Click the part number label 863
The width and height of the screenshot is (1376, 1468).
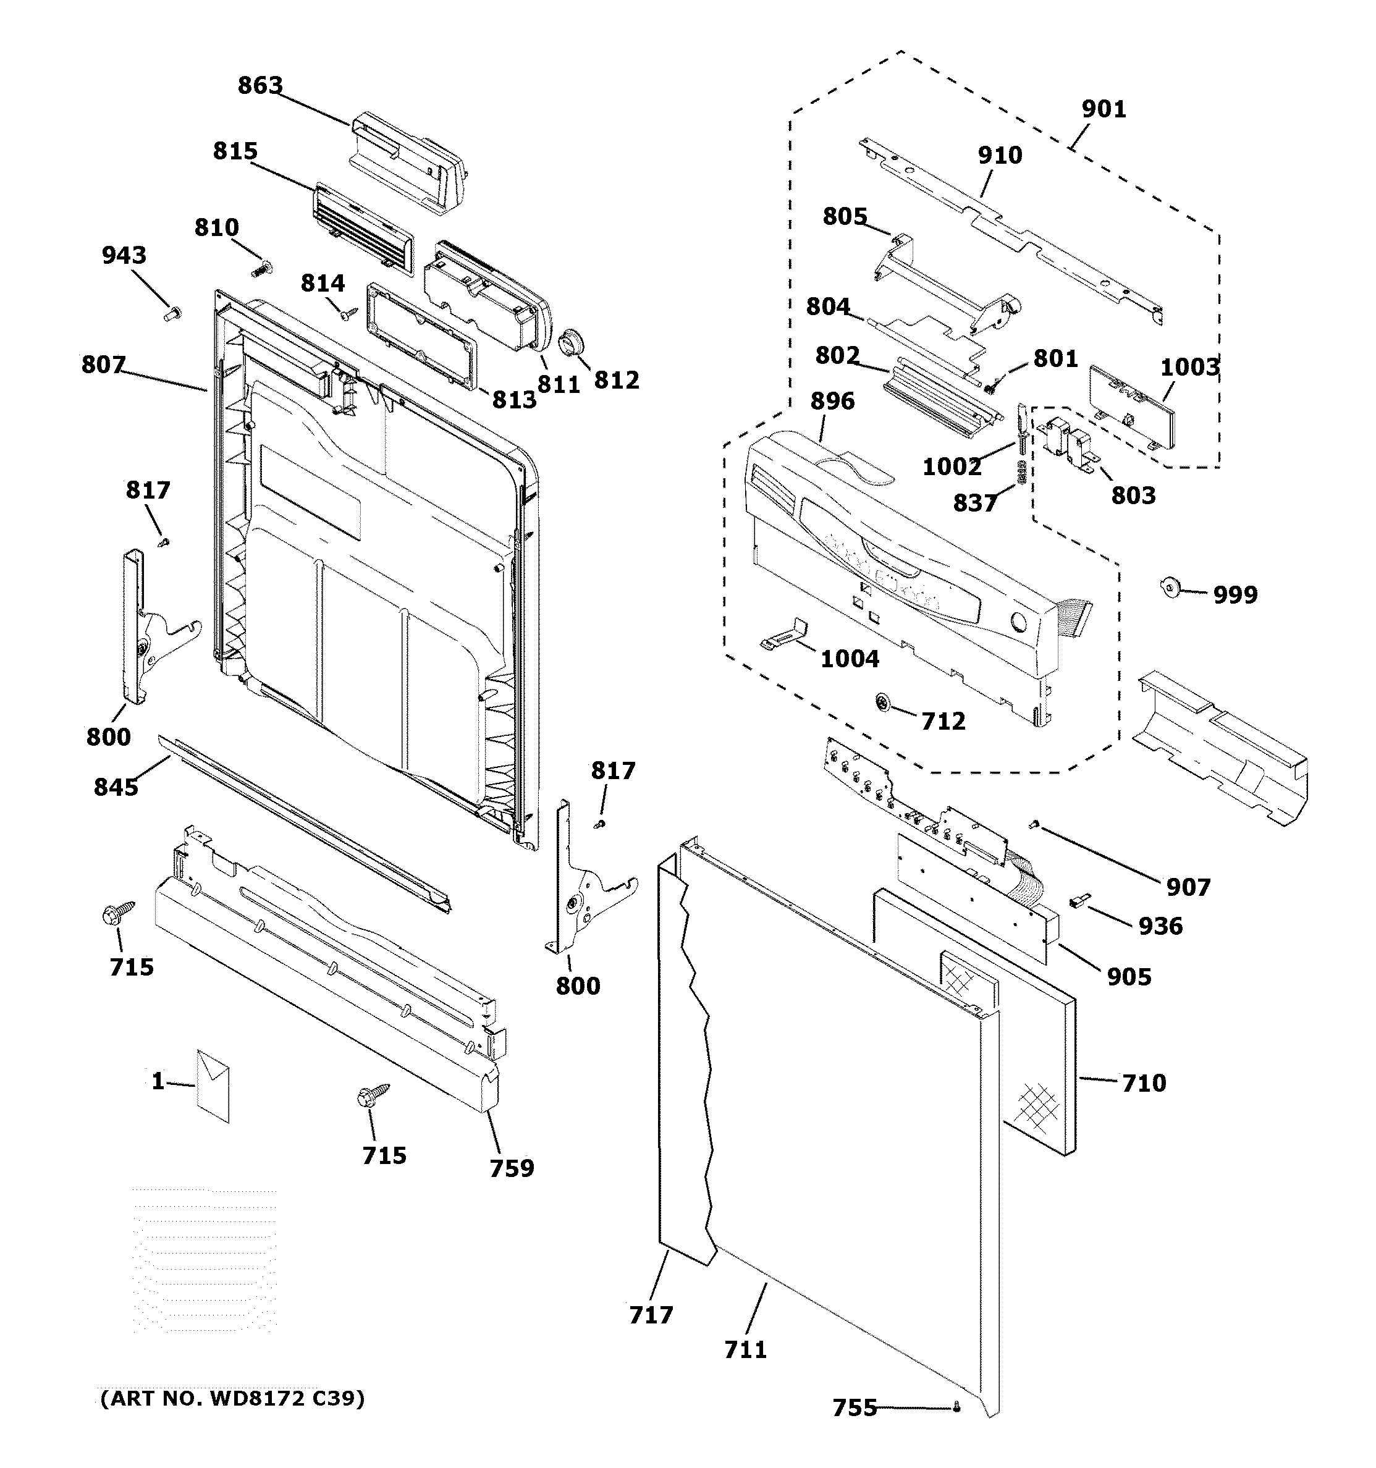(260, 86)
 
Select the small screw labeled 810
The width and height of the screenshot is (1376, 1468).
(261, 269)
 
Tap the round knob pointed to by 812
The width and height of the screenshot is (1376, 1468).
(571, 344)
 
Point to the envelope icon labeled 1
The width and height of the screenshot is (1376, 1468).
(213, 1086)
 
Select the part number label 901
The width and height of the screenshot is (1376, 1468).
(1104, 109)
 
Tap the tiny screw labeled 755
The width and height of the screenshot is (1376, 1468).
(956, 1407)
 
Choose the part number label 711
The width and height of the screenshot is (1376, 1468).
(745, 1350)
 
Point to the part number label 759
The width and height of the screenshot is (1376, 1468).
(511, 1168)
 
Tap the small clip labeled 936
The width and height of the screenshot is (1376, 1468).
(1080, 900)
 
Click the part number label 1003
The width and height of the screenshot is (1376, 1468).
(1189, 367)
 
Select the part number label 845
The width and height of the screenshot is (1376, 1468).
(116, 787)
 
